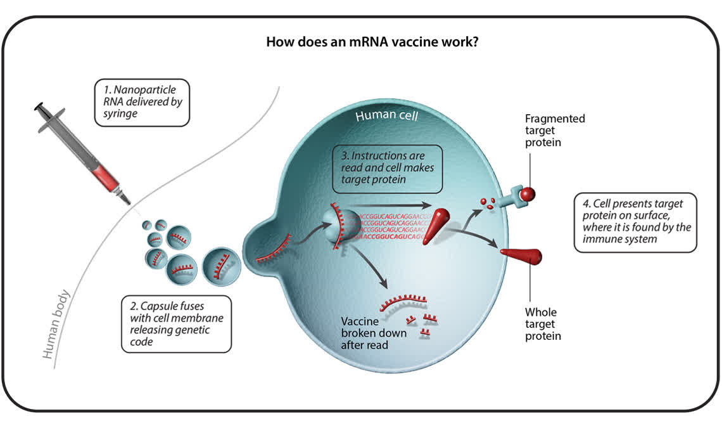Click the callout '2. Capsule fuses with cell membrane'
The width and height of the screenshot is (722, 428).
pos(176,323)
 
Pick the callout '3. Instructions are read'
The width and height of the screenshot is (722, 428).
pos(387,169)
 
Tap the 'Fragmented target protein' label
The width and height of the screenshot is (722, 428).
pos(555,130)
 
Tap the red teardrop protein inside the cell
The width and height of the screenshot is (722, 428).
pos(434,229)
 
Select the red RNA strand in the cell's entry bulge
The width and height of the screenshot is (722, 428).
pos(274,250)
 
